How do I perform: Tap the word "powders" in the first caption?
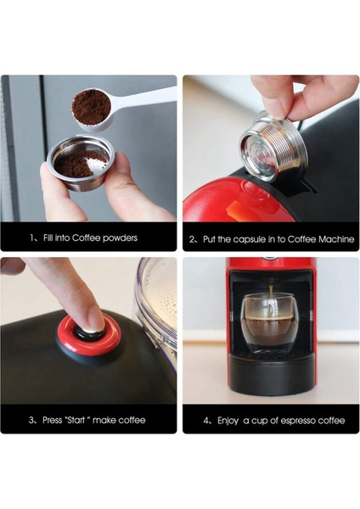tap(119, 238)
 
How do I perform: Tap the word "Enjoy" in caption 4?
tap(228, 420)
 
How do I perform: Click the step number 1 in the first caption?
tap(31, 238)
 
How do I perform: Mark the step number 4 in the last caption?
tap(206, 420)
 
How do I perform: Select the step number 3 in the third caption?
tap(32, 420)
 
